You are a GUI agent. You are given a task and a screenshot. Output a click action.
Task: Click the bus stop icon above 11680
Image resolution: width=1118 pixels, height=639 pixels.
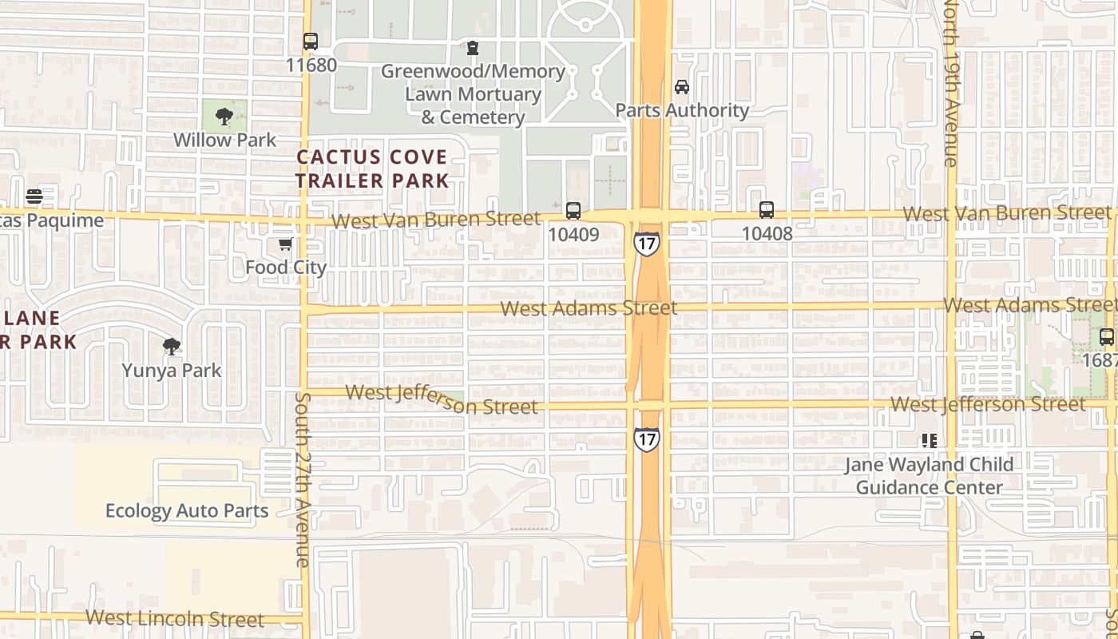point(311,41)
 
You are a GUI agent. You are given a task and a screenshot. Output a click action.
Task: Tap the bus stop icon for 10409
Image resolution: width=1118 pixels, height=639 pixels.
point(573,211)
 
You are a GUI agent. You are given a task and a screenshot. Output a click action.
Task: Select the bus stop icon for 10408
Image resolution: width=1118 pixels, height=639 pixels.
point(767,210)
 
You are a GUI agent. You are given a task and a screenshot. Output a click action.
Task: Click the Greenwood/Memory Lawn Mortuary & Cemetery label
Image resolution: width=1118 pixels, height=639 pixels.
point(473,94)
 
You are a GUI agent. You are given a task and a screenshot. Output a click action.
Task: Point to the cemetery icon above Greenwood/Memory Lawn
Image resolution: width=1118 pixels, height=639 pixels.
point(473,49)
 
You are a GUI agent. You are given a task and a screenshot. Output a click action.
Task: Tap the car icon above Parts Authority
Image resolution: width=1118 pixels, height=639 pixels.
point(681,87)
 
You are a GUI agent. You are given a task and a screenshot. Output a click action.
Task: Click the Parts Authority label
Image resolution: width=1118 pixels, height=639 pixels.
point(682,110)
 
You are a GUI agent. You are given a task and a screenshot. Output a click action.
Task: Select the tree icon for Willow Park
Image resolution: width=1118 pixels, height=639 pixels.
point(224,117)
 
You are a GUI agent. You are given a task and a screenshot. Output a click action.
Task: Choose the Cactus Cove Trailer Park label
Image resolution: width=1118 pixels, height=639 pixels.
point(373,169)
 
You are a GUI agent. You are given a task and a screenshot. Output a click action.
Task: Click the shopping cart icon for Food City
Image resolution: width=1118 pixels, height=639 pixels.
point(285,244)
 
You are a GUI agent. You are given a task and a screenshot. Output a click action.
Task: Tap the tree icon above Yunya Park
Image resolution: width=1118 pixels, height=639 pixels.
point(171,347)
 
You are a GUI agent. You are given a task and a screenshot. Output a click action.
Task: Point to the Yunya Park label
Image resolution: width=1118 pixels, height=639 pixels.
point(172,371)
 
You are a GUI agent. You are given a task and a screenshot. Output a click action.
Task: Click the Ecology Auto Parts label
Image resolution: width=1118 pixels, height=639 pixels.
point(187,510)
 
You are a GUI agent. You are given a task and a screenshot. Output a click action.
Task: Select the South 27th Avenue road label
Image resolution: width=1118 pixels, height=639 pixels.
point(302,479)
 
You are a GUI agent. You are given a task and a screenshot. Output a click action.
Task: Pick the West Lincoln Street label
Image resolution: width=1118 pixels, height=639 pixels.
point(175,618)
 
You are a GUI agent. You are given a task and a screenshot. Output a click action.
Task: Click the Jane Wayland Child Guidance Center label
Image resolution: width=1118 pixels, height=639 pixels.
point(929,476)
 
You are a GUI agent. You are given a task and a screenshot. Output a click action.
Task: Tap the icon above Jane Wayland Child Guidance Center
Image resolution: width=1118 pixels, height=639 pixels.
point(929,440)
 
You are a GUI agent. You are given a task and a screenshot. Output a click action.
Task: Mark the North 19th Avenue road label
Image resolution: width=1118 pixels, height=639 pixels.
point(950,84)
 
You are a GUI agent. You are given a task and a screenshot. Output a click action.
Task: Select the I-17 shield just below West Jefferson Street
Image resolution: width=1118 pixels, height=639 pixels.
point(647,439)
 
